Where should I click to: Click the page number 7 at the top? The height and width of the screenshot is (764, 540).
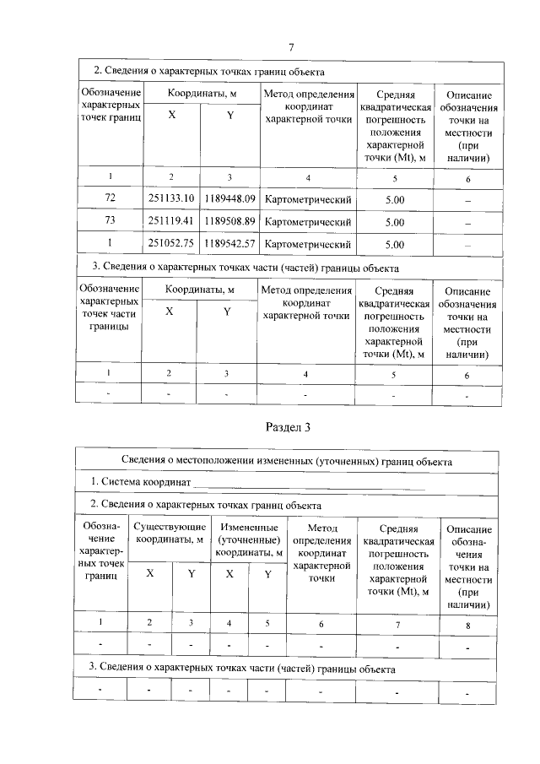290,47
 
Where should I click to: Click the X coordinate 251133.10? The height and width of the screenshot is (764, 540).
171,199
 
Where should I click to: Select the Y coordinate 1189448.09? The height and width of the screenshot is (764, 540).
229,199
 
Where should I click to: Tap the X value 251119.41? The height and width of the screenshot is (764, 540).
171,222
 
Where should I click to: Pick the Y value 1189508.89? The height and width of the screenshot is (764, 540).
229,222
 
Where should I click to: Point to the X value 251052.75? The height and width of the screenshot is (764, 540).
171,245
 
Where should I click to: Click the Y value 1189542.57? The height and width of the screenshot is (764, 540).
229,245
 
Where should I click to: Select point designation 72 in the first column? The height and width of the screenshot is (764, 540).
110,199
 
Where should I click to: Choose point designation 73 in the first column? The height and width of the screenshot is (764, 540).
110,222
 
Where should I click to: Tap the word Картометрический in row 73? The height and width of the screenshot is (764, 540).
307,222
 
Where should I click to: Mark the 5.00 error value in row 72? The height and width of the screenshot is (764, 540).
394,199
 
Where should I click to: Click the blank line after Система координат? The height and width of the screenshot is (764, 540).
308,483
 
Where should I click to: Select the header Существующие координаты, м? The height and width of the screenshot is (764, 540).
170,533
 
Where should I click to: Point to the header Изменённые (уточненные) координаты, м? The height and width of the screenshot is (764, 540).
248,539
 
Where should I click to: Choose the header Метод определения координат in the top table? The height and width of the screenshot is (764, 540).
307,106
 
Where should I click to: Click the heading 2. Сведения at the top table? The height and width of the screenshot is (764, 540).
208,71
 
